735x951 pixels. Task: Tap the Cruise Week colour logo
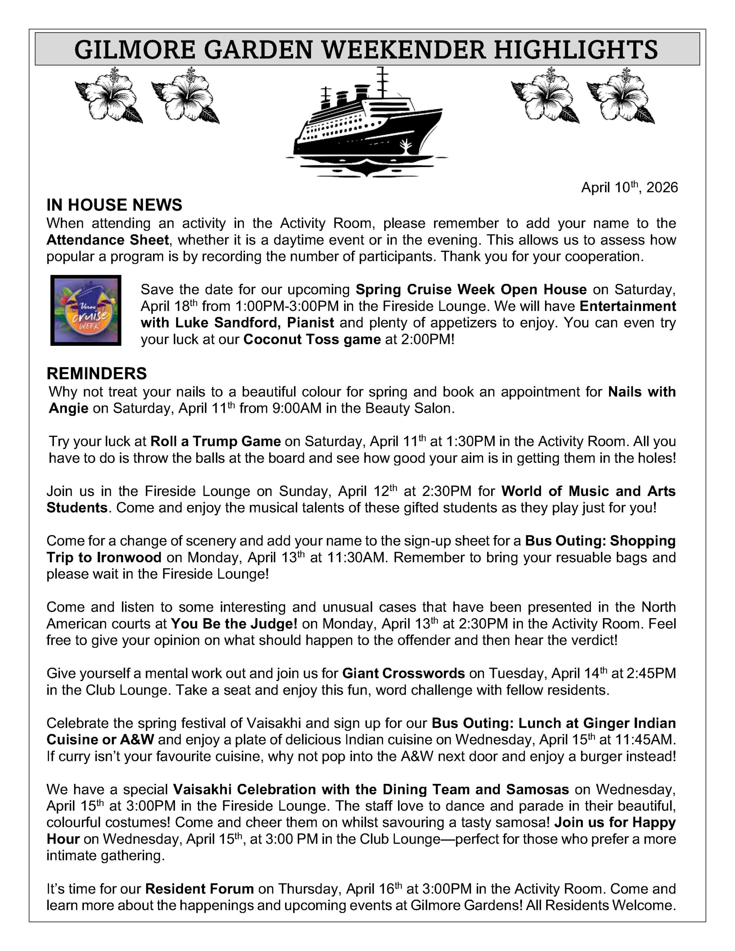[x=86, y=310]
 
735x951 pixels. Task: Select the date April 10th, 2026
[x=629, y=188]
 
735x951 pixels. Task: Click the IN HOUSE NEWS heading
[x=114, y=205]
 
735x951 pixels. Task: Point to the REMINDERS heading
[x=97, y=374]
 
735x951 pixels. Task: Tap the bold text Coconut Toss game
[x=312, y=339]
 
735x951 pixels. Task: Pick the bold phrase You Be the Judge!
[x=234, y=624]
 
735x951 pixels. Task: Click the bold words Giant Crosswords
[x=404, y=673]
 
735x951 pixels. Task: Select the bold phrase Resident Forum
[x=199, y=889]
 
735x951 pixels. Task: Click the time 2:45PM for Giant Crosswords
[x=651, y=673]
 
